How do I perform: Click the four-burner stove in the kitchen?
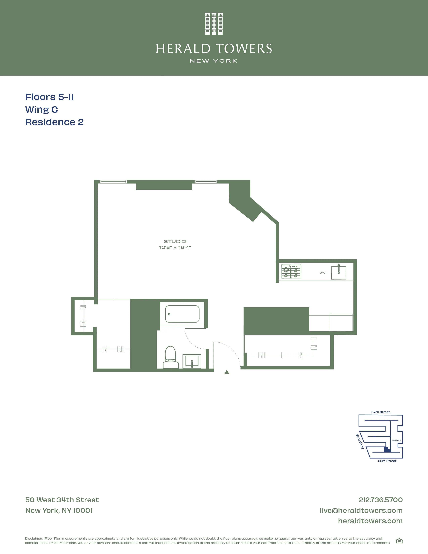click(291, 272)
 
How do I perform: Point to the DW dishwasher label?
click(322, 273)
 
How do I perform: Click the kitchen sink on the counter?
click(339, 273)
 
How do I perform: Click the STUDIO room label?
click(175, 241)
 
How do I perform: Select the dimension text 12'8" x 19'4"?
click(175, 247)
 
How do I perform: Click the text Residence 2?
click(55, 122)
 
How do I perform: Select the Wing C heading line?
click(42, 110)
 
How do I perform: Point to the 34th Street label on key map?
click(380, 412)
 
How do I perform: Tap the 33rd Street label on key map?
click(387, 461)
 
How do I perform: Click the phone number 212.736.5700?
click(380, 500)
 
